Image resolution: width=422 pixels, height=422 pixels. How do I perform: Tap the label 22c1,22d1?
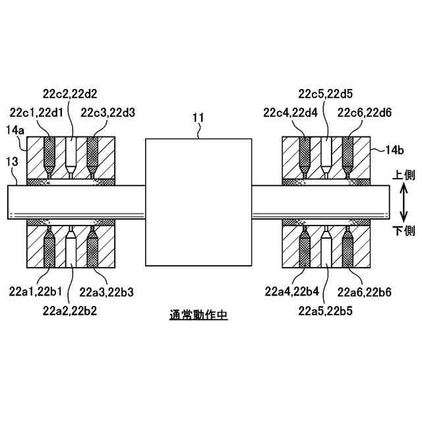pyautogui.click(x=38, y=112)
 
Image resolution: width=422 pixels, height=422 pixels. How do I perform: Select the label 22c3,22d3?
pyautogui.click(x=108, y=112)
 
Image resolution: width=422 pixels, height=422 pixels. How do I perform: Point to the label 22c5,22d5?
pyautogui.click(x=326, y=94)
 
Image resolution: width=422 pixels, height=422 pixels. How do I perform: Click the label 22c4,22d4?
pyautogui.click(x=290, y=112)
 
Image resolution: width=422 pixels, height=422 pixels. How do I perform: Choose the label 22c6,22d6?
pyautogui.click(x=365, y=112)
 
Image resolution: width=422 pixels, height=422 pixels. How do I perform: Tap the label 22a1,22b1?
pyautogui.click(x=38, y=290)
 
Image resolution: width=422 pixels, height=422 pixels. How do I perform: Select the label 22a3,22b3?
pyautogui.click(x=107, y=290)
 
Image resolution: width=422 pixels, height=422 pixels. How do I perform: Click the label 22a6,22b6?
pyautogui.click(x=365, y=291)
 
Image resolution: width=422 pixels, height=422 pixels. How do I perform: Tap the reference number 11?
pyautogui.click(x=198, y=119)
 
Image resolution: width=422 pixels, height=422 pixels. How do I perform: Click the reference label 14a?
pyautogui.click(x=16, y=131)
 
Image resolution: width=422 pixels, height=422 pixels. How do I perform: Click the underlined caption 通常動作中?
pyautogui.click(x=198, y=316)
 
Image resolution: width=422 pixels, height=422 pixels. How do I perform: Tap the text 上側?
pyautogui.click(x=404, y=175)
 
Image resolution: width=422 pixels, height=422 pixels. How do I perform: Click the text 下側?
pyautogui.click(x=404, y=231)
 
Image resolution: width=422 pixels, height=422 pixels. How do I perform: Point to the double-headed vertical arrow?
pyautogui.click(x=403, y=203)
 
